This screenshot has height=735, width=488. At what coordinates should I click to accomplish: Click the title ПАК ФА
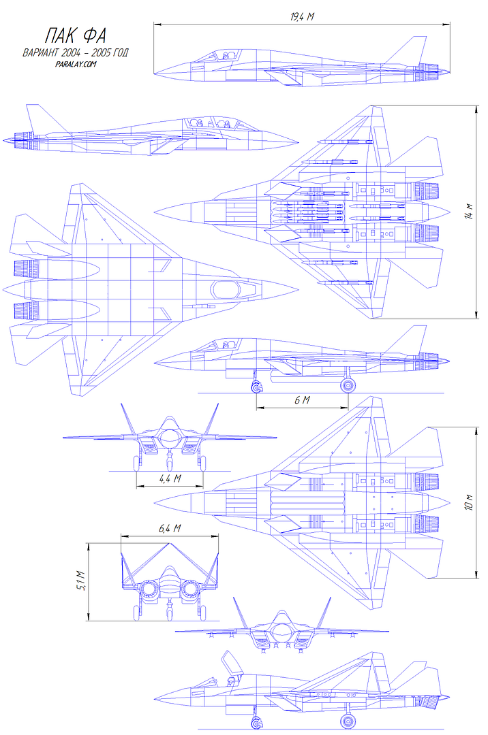[76, 35]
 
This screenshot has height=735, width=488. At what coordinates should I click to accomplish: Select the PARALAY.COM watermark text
[76, 64]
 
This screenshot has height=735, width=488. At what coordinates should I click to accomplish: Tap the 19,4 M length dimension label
[302, 17]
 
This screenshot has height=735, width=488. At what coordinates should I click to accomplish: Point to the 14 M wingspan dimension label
[471, 212]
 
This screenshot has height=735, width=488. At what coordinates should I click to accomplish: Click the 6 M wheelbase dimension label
[302, 400]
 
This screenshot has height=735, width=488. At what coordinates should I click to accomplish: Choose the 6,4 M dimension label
[170, 528]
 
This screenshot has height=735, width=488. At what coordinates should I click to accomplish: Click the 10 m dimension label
[470, 502]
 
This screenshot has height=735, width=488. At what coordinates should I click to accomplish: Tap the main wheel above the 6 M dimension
[347, 385]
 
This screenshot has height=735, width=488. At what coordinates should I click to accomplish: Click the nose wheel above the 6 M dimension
[256, 388]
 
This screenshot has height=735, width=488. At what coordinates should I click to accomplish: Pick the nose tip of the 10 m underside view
[155, 503]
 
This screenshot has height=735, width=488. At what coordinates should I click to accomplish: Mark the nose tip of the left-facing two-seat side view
[298, 141]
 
